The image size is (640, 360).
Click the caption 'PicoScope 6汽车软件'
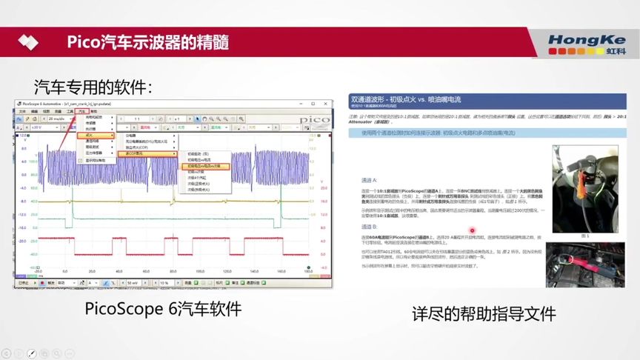click(x=163, y=307)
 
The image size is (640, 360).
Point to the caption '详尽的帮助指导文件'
click(x=484, y=313)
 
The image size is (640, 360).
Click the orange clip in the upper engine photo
click(x=585, y=193)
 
